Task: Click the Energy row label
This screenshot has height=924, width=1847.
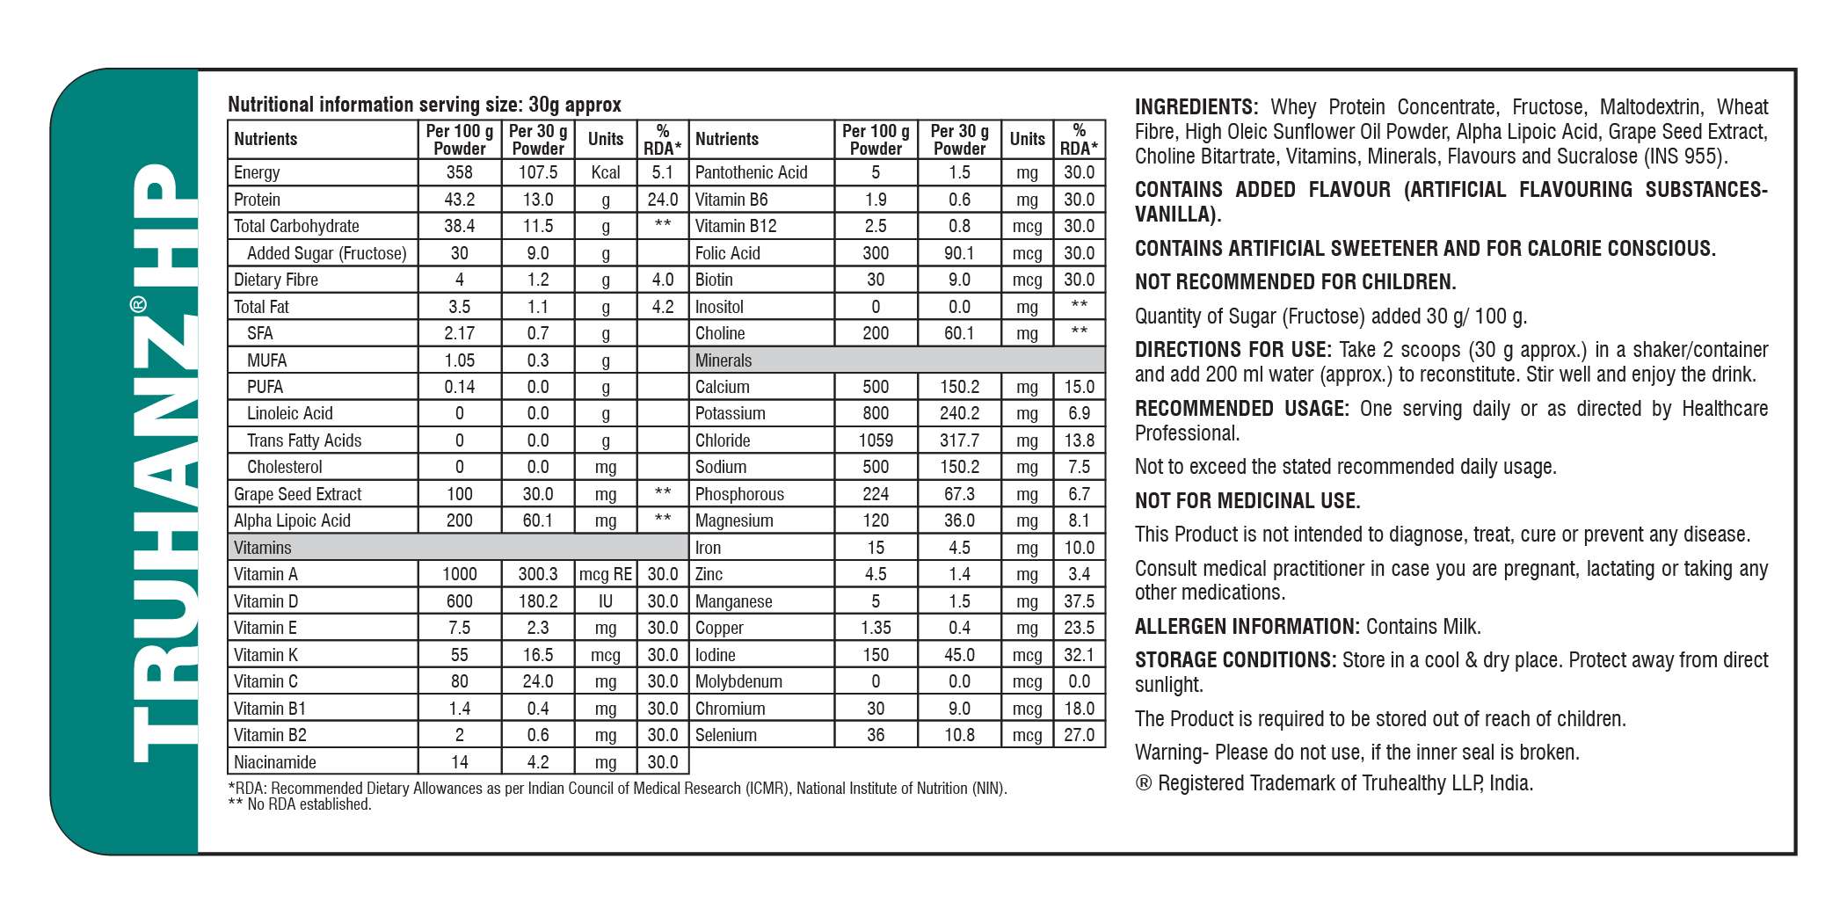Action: (x=257, y=172)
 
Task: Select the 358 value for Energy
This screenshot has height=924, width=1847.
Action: (x=459, y=172)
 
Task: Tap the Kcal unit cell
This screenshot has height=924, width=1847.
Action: (x=605, y=172)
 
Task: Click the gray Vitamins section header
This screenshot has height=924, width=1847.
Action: (x=457, y=547)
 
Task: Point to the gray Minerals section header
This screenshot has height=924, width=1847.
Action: (x=897, y=360)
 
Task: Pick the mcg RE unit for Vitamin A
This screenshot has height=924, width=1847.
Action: (x=605, y=574)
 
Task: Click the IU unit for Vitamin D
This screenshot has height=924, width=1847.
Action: (x=605, y=601)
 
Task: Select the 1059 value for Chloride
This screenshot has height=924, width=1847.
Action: (x=876, y=440)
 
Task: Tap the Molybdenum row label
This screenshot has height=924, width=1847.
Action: (x=738, y=681)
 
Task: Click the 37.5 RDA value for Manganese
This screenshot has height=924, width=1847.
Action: (x=1079, y=601)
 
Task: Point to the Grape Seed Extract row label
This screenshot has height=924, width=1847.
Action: (x=297, y=494)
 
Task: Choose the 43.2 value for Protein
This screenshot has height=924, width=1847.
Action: (x=459, y=200)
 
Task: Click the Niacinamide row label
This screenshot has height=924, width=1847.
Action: (x=275, y=762)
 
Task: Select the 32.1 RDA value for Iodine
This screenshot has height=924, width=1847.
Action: (x=1079, y=655)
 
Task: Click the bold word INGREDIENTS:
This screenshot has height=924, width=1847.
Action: (x=1196, y=107)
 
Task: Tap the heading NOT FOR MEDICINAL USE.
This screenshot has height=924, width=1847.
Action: (x=1247, y=501)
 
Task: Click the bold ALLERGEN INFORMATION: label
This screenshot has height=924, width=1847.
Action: (x=1247, y=627)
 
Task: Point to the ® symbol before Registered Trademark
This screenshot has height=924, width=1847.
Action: (x=1143, y=783)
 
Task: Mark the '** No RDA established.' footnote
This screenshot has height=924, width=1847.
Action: (x=300, y=804)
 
